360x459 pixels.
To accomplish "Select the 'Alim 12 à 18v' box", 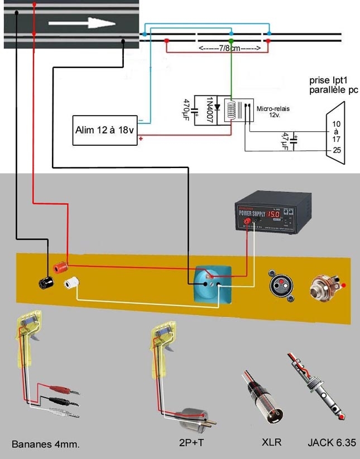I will pos(105,130).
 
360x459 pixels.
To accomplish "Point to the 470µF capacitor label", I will pos(187,109).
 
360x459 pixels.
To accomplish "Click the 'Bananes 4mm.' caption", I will pos(46,444).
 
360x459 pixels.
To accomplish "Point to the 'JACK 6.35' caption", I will pos(330,443).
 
